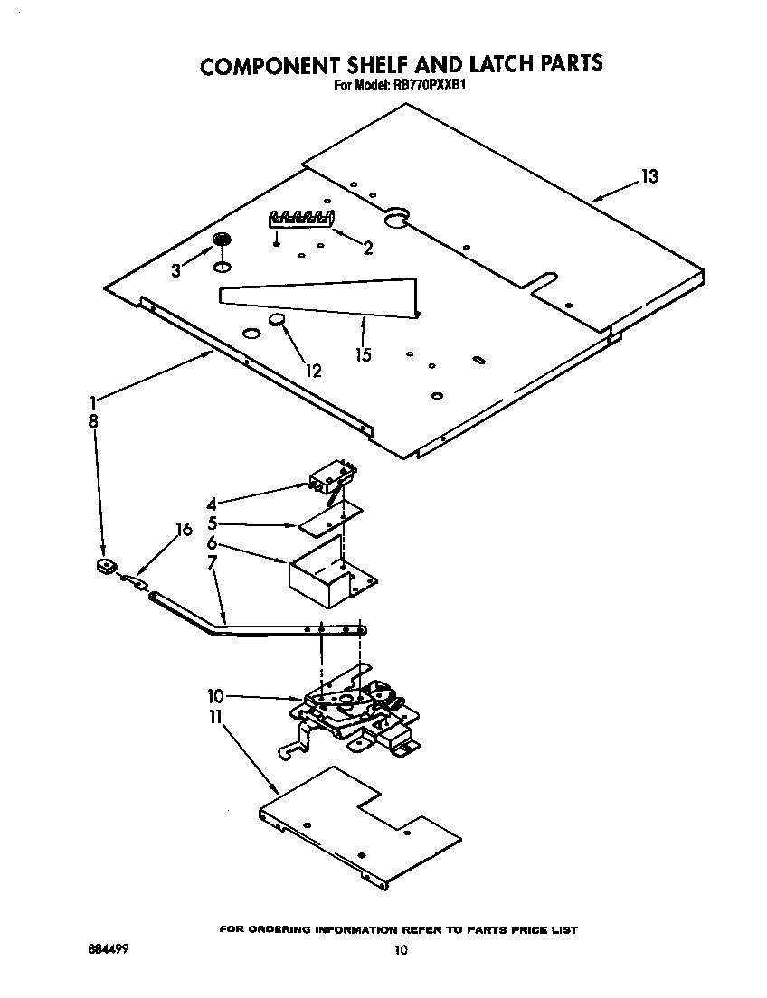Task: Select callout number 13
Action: [649, 177]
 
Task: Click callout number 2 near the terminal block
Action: [367, 249]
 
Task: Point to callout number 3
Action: [177, 269]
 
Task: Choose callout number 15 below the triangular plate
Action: [363, 354]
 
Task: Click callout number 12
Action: [313, 370]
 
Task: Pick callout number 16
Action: [184, 530]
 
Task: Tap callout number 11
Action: [215, 716]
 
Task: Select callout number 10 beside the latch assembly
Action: [215, 696]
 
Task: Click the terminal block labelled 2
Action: [301, 219]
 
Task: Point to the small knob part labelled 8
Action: [106, 567]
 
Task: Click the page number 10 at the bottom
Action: [402, 949]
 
